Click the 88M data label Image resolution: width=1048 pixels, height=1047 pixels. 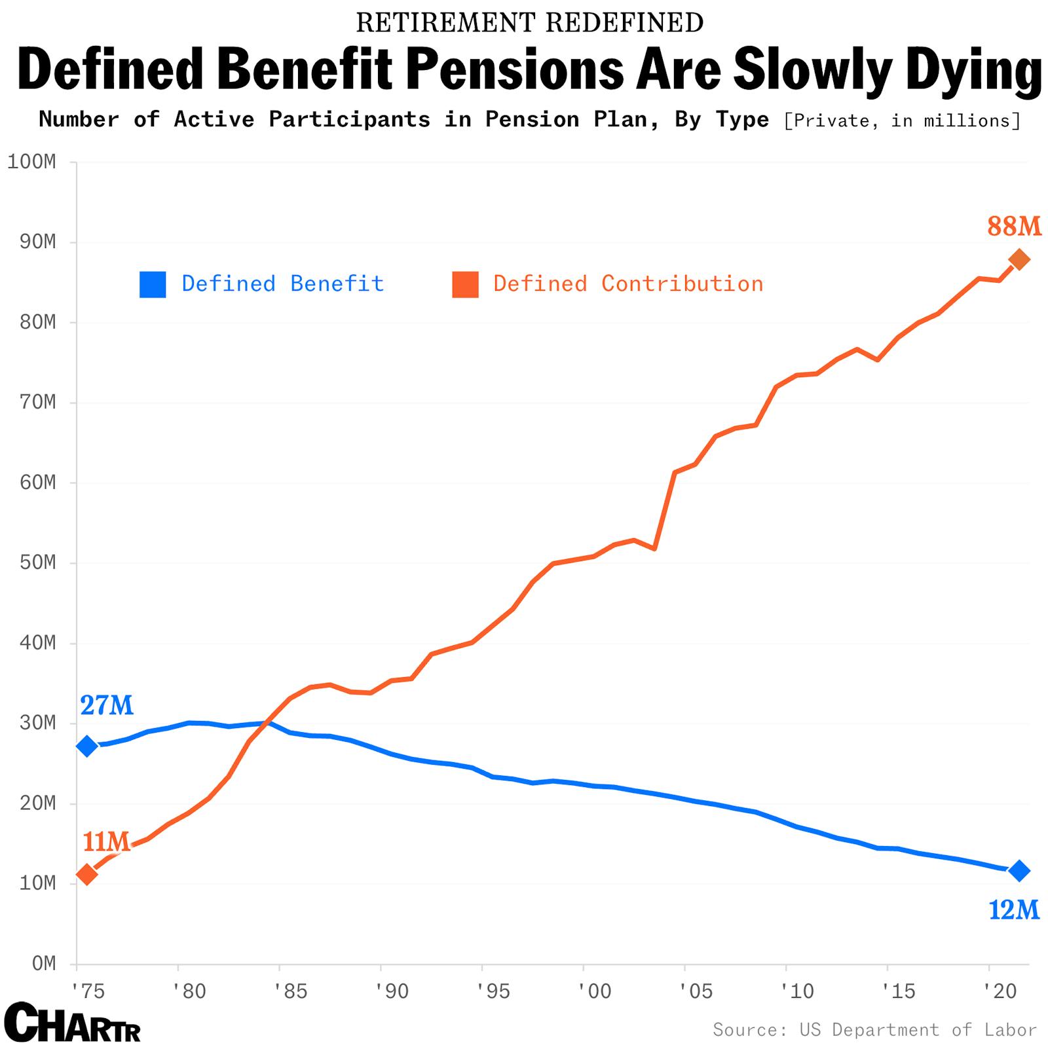1014,227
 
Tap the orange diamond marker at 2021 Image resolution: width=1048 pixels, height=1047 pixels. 1019,259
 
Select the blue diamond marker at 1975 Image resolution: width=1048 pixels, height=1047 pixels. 87,746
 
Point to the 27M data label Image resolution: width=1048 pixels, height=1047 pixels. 107,706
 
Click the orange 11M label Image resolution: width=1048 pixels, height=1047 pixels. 106,842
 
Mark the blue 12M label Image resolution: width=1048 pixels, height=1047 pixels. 1013,910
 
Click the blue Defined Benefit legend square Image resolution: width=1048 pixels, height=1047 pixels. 153,284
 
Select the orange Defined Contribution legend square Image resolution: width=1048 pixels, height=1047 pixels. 465,284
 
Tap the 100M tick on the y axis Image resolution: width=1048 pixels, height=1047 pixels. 31,162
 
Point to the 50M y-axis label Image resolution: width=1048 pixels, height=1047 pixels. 37,562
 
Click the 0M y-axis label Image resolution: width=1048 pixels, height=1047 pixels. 44,963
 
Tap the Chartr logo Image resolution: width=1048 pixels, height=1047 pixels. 72,1022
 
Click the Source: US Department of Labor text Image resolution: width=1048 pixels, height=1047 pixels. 874,1029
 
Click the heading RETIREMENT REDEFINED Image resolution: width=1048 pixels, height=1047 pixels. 529,23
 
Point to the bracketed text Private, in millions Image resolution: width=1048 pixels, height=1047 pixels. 901,121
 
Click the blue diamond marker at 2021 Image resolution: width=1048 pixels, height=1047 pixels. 1019,871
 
